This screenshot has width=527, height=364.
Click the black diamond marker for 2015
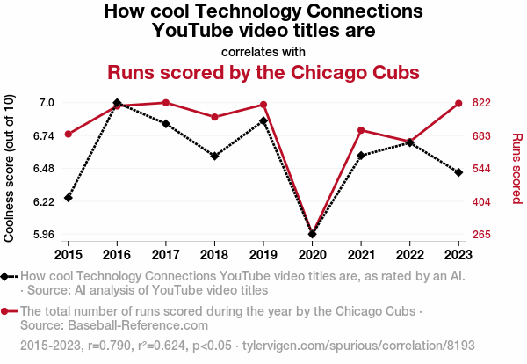pyautogui.click(x=69, y=198)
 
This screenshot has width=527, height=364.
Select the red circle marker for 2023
pyautogui.click(x=458, y=103)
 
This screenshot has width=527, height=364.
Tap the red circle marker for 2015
pyautogui.click(x=69, y=134)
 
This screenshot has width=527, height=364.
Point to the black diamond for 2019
pyautogui.click(x=263, y=120)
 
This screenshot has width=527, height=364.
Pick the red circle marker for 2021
pyautogui.click(x=361, y=131)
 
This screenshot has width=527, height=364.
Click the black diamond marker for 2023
pyautogui.click(x=458, y=172)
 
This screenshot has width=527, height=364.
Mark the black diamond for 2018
pyautogui.click(x=214, y=157)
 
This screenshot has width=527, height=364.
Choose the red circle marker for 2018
pyautogui.click(x=214, y=117)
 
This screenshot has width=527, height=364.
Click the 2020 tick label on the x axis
pyautogui.click(x=312, y=254)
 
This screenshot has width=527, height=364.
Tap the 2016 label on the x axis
pyautogui.click(x=117, y=254)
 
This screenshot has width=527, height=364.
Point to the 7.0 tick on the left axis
pyautogui.click(x=46, y=103)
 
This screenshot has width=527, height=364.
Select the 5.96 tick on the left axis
pyautogui.click(x=42, y=235)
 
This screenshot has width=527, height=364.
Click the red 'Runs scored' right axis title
pyautogui.click(x=516, y=169)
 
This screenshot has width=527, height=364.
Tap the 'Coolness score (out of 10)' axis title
pyautogui.click(x=10, y=169)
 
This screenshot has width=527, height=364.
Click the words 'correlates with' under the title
pyautogui.click(x=263, y=50)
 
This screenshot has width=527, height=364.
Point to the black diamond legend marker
pyautogui.click(x=6, y=277)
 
